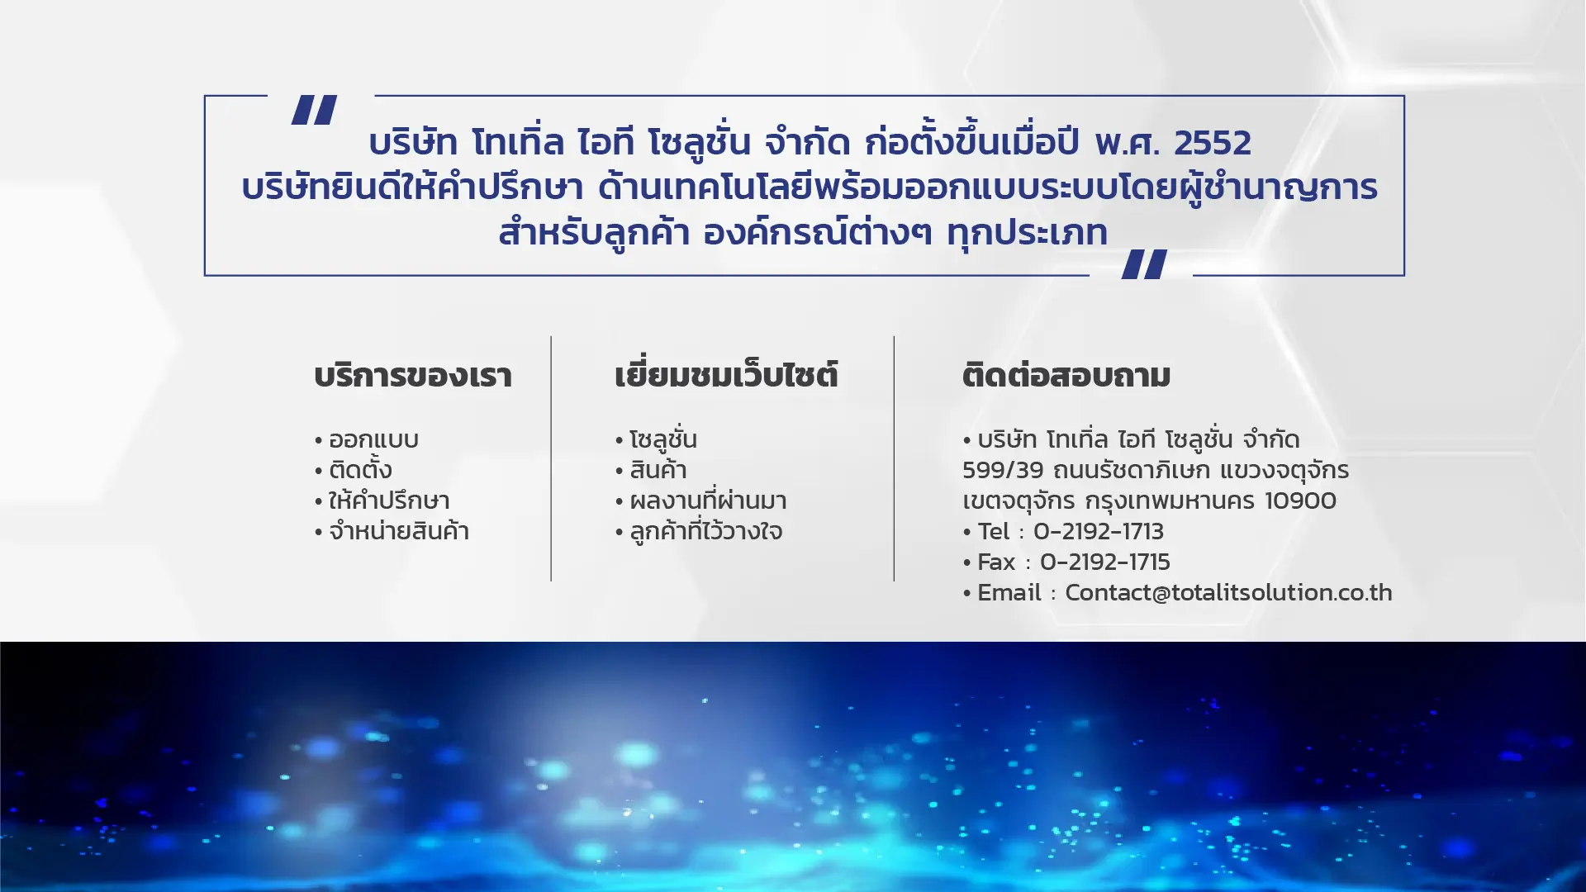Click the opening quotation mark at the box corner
coord(314,110)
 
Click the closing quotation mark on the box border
coord(1144,264)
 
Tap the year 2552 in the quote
coord(1213,143)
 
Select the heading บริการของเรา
coord(413,376)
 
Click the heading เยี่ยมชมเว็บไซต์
coord(726,375)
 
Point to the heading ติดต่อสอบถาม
coord(1066,376)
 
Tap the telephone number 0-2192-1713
coord(1099,531)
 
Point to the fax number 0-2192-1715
coord(1105,562)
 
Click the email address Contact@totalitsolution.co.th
coord(1228,592)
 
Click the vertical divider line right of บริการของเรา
coord(551,458)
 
